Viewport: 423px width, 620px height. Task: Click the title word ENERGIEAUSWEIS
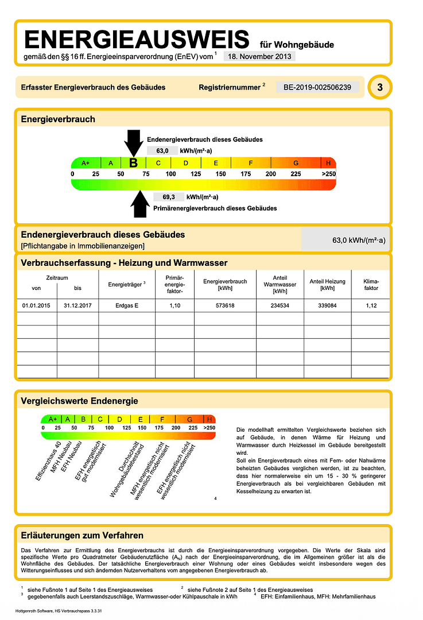[137, 40]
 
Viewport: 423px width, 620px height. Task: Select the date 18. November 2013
[259, 56]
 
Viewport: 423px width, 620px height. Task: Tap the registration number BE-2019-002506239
[317, 87]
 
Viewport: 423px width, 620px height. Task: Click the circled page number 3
[379, 88]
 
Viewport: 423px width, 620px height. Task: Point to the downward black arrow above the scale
[133, 142]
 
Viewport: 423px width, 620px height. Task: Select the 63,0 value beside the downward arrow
[158, 150]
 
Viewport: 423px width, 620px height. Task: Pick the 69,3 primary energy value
[168, 197]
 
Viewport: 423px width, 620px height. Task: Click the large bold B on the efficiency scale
[133, 163]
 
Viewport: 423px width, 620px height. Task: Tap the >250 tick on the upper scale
[328, 174]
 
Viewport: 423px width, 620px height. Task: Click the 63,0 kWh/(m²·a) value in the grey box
[359, 241]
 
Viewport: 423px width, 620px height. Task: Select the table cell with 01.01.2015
[37, 305]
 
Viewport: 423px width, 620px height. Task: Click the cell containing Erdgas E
[127, 305]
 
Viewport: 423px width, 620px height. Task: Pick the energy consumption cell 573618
[225, 305]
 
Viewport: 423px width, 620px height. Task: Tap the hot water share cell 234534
[280, 305]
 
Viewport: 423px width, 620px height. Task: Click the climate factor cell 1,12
[371, 305]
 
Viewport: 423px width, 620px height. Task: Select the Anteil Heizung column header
[327, 284]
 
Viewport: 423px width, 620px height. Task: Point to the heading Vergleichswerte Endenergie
[79, 401]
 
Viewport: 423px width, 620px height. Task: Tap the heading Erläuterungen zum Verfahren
[82, 536]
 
